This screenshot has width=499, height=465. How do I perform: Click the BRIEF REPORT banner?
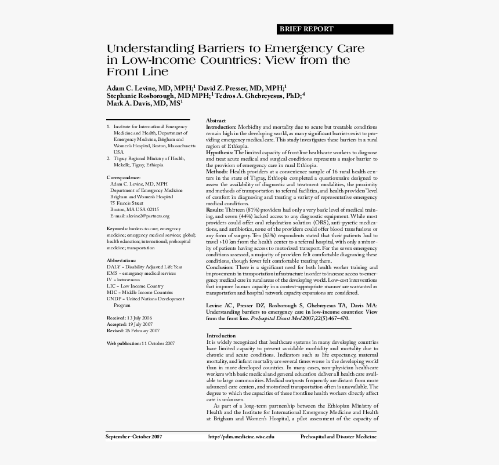point(307,29)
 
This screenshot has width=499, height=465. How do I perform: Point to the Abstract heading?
point(216,119)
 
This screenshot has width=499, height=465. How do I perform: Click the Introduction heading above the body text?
point(221,335)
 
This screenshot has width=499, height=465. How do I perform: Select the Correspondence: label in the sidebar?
point(124,177)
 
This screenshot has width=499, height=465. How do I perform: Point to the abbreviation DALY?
point(114,267)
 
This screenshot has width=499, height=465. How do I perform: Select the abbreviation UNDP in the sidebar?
point(114,299)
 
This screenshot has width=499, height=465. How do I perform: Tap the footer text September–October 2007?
point(134,437)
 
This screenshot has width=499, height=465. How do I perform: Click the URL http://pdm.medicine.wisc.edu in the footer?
point(241,437)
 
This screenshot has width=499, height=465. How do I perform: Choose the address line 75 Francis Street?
point(126,203)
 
